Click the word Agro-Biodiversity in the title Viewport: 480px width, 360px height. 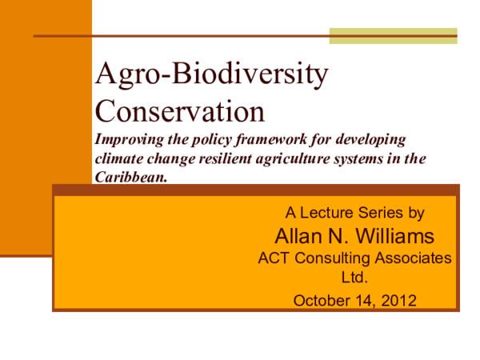[x=211, y=75]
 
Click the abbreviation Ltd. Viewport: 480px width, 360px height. [x=353, y=279]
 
